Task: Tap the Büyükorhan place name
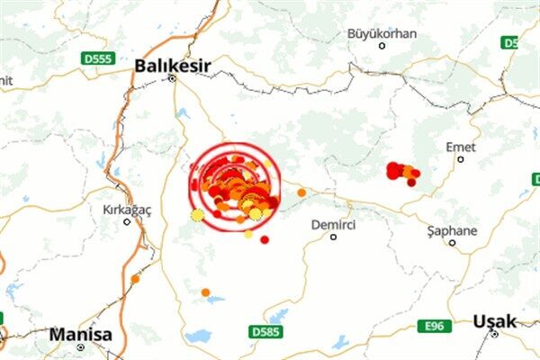pyautogui.click(x=382, y=33)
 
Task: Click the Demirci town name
pyautogui.click(x=334, y=224)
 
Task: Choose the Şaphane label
pyautogui.click(x=452, y=230)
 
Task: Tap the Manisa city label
pyautogui.click(x=81, y=335)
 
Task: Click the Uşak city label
pyautogui.click(x=494, y=320)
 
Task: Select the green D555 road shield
pyautogui.click(x=96, y=58)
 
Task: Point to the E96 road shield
pyautogui.click(x=435, y=326)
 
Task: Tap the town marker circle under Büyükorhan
pyautogui.click(x=382, y=46)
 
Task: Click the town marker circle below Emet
pyautogui.click(x=461, y=159)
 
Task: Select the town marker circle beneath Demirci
pyautogui.click(x=334, y=238)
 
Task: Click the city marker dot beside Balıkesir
pyautogui.click(x=172, y=78)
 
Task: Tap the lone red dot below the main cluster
pyautogui.click(x=265, y=239)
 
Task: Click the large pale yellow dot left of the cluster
pyautogui.click(x=197, y=214)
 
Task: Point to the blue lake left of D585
pyautogui.click(x=198, y=336)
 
